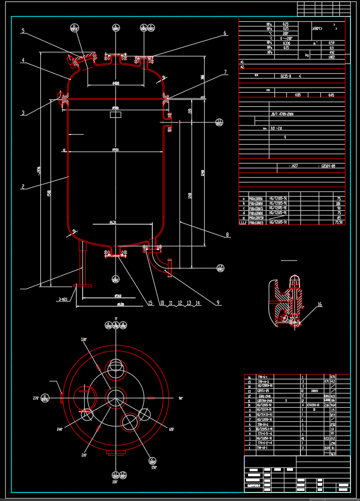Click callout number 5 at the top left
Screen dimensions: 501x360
click(23, 31)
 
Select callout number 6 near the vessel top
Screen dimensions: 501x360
click(225, 33)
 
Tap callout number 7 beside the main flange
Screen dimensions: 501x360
click(225, 72)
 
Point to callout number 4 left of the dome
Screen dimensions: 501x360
click(23, 60)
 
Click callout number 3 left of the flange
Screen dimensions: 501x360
click(23, 113)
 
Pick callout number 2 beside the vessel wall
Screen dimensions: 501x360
click(23, 186)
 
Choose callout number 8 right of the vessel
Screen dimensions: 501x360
click(227, 234)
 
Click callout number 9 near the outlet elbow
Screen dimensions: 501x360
click(218, 303)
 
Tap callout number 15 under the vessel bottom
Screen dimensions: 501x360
click(150, 303)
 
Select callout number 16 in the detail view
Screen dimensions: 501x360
click(319, 304)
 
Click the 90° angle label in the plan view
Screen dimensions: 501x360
click(180, 398)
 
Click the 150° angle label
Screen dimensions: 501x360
click(154, 467)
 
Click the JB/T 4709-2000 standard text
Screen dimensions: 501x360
click(282, 114)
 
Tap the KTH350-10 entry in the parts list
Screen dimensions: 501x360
click(313, 405)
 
